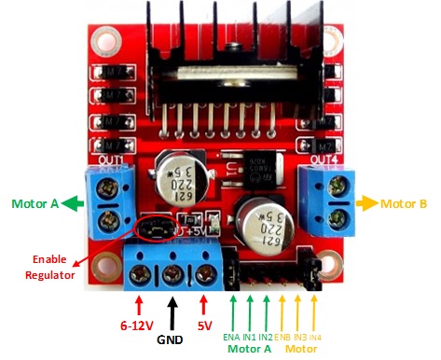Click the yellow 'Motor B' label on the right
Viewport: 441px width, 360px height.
point(404,201)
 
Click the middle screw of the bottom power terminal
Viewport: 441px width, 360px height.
point(172,273)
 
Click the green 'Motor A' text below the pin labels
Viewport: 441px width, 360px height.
point(250,349)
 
